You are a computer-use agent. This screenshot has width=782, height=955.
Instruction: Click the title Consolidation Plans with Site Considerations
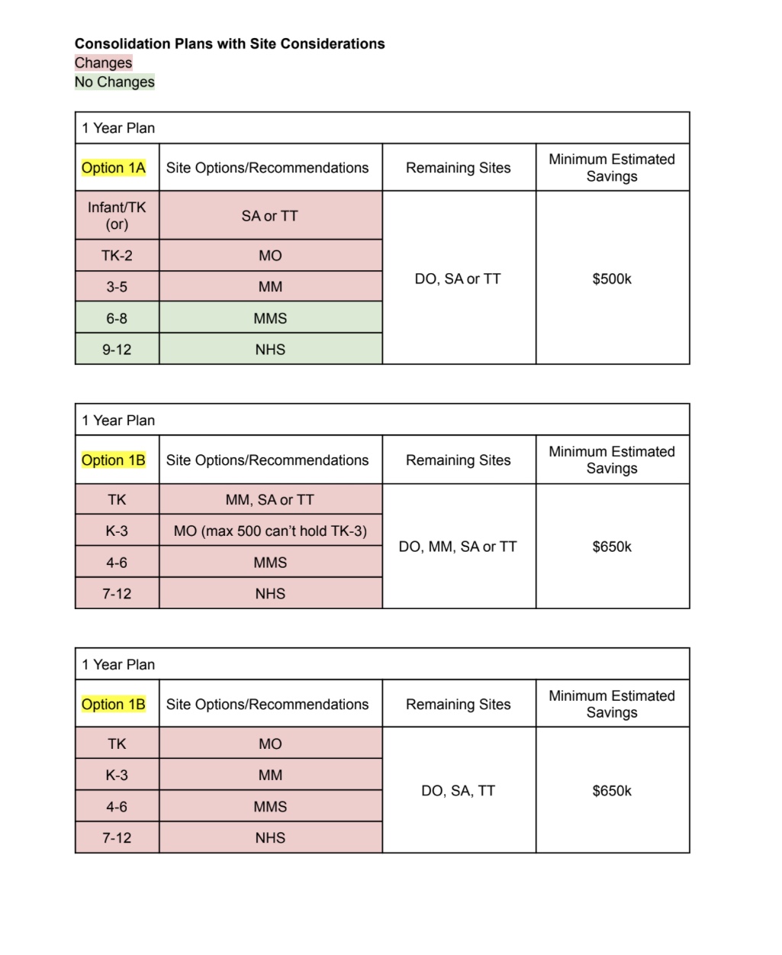click(x=230, y=44)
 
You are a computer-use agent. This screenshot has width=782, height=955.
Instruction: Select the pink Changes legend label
click(x=103, y=63)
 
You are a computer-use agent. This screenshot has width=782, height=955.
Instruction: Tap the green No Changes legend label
click(x=114, y=82)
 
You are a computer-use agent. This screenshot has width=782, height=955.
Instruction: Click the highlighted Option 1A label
click(x=114, y=168)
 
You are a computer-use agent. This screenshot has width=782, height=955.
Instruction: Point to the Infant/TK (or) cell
click(x=117, y=215)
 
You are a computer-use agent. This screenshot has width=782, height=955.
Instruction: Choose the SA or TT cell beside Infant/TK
click(x=270, y=216)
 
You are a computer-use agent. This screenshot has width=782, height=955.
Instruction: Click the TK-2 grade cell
click(x=117, y=256)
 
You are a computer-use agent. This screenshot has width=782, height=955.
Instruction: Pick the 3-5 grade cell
click(x=117, y=287)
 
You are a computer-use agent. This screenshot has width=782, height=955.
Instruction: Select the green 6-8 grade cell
click(x=117, y=318)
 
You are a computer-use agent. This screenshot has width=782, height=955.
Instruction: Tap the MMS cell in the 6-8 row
click(x=270, y=318)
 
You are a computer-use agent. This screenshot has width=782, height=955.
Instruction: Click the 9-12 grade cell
click(x=117, y=350)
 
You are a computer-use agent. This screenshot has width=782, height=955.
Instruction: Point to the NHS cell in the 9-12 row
click(x=270, y=350)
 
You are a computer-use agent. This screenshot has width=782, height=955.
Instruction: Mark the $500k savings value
click(x=612, y=279)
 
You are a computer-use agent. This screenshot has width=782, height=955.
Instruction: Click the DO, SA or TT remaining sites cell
click(x=458, y=279)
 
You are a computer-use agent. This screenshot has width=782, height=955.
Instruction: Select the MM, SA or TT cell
click(x=270, y=500)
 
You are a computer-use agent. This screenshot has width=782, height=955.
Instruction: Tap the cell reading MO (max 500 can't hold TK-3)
click(x=270, y=531)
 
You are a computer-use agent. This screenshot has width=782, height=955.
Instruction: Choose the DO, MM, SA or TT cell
click(x=458, y=547)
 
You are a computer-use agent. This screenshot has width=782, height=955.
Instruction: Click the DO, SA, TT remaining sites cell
click(x=458, y=791)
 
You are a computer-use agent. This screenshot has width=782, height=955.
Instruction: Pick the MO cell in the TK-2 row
click(x=270, y=256)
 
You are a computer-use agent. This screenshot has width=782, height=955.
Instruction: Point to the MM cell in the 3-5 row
click(x=270, y=287)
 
